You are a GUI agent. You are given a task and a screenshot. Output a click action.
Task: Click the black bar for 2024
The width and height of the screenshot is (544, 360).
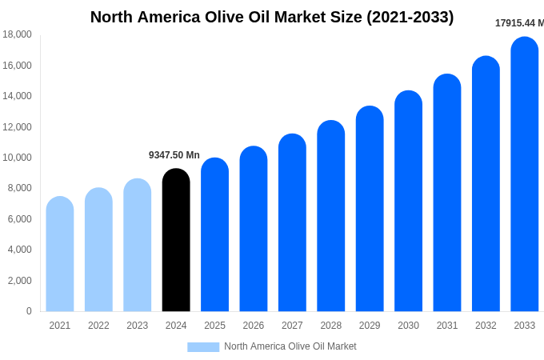(176, 240)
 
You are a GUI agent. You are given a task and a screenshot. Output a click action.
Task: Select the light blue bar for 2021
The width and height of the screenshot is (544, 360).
(60, 254)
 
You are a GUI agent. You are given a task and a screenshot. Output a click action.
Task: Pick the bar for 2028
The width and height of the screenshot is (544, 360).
(331, 216)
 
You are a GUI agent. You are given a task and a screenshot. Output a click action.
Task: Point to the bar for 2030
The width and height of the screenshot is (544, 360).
(408, 202)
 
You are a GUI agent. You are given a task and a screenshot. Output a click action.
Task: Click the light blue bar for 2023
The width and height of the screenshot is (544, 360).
(138, 245)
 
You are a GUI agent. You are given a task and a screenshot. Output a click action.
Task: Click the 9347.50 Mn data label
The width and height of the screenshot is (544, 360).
(174, 155)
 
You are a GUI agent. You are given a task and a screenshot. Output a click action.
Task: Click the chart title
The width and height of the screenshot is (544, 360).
(272, 17)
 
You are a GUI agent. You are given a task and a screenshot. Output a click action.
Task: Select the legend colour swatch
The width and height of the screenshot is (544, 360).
(203, 346)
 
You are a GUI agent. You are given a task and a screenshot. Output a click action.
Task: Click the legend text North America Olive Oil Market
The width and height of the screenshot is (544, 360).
(290, 346)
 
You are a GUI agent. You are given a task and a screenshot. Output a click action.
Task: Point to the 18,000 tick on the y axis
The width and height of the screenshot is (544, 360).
(17, 34)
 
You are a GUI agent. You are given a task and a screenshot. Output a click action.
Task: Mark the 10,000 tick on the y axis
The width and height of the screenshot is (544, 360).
(17, 158)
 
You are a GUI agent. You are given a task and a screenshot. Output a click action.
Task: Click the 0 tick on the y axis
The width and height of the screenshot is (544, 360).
(29, 311)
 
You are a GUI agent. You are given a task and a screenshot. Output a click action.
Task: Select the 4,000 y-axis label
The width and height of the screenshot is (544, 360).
(19, 250)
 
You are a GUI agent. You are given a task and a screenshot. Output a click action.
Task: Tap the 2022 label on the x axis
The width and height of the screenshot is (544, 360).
(98, 326)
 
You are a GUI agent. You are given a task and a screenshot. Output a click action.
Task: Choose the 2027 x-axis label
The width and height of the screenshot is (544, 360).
(292, 326)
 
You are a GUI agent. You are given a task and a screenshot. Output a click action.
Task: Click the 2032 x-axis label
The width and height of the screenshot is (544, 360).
(486, 326)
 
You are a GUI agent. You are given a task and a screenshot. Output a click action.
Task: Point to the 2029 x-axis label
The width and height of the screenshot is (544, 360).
(370, 326)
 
